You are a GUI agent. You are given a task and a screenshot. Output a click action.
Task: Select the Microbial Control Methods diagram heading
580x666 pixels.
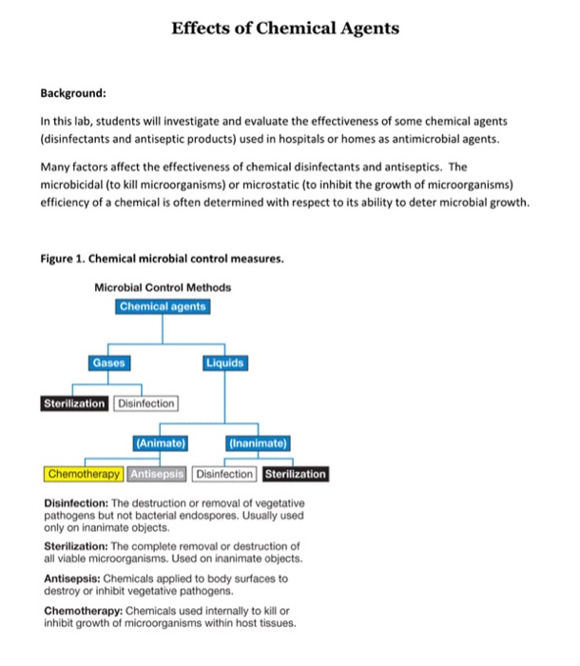tap(163, 287)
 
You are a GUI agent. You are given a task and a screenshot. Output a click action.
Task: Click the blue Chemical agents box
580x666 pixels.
tap(163, 306)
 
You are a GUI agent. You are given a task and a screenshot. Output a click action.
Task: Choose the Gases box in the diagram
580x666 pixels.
tap(107, 362)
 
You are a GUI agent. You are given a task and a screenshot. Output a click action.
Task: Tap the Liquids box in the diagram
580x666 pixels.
tap(224, 362)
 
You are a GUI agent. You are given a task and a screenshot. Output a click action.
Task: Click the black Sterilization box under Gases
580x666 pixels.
tap(74, 403)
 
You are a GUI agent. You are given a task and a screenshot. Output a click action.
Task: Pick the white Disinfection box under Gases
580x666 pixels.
tap(145, 403)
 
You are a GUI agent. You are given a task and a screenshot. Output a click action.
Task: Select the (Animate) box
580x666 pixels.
tap(161, 442)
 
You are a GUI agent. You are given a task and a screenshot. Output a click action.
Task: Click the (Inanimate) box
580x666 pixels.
tap(259, 442)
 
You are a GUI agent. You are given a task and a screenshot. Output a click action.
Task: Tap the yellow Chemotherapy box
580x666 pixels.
tap(85, 474)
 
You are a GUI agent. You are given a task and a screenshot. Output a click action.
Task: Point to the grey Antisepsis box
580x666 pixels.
tap(158, 474)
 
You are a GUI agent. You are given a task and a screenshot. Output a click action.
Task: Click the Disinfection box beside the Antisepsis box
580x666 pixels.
tap(224, 474)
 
